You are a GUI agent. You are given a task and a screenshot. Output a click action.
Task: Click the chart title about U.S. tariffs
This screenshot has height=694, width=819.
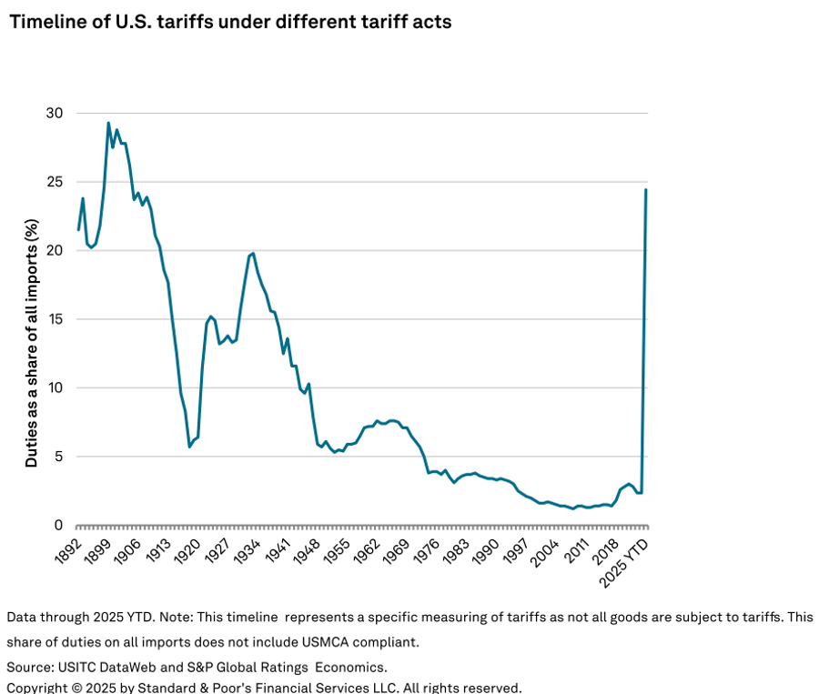coord(229,22)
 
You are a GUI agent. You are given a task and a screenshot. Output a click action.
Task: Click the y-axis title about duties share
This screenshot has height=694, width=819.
coord(32,343)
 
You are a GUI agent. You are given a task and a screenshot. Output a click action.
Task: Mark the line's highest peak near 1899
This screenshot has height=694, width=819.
coord(108,123)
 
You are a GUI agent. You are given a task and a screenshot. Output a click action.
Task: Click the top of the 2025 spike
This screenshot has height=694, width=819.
coord(645,189)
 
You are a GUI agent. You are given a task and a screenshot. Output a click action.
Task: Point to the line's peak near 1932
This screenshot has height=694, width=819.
coord(252,253)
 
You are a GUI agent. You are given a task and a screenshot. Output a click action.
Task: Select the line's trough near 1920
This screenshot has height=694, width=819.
coord(189,447)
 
